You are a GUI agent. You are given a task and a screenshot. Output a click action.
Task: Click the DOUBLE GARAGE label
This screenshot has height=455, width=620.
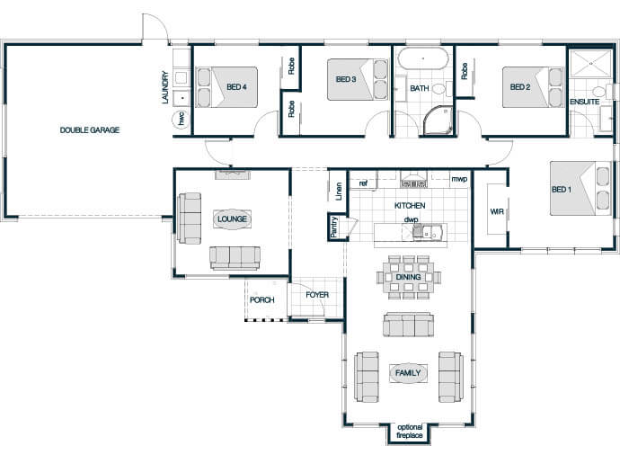(x=90, y=129)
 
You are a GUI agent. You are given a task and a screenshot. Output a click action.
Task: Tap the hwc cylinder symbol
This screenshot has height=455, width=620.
(x=182, y=119)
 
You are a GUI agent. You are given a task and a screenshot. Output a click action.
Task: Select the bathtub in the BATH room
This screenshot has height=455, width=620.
(x=423, y=58)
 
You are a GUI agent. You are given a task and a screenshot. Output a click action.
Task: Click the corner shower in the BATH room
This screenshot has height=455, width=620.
(x=438, y=120)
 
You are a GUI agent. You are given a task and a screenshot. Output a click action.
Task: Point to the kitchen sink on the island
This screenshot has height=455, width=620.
(x=427, y=232)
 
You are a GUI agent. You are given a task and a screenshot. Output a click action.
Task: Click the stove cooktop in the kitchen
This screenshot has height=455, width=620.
(x=414, y=183)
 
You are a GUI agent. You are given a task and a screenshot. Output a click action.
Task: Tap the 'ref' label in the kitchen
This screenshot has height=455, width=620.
(x=363, y=183)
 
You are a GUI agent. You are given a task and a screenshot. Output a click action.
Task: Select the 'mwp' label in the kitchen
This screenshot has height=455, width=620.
(x=459, y=179)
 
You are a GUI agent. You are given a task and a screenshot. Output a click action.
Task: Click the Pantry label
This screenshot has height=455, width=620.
(x=334, y=227)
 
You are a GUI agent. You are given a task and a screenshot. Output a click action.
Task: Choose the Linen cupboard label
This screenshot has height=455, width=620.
(x=339, y=192)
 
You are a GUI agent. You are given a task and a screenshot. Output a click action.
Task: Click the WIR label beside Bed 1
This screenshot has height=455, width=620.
(x=497, y=211)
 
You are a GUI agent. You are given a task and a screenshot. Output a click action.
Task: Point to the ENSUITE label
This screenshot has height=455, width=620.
(x=584, y=102)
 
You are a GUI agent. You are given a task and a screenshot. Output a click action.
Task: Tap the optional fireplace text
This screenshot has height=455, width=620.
(x=410, y=432)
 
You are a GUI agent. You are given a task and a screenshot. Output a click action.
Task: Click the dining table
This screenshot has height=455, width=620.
(x=409, y=277)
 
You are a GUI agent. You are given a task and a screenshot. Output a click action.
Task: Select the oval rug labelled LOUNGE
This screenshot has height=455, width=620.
(x=232, y=219)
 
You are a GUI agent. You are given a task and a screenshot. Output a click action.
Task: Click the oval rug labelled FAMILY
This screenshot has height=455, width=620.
(x=408, y=373)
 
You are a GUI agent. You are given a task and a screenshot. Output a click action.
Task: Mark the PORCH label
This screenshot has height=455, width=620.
(x=262, y=300)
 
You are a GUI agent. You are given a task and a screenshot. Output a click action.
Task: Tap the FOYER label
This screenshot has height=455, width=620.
(x=317, y=295)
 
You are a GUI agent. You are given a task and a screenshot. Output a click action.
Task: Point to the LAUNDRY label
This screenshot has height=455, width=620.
(x=165, y=87)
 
